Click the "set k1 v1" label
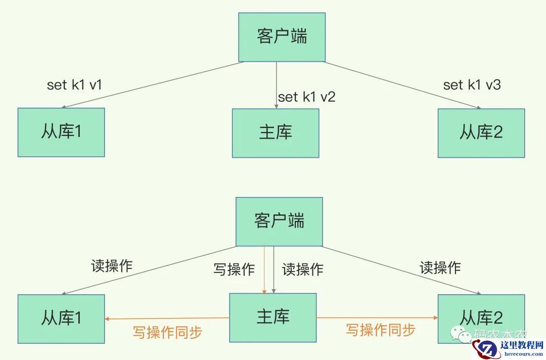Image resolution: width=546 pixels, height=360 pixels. [74, 85]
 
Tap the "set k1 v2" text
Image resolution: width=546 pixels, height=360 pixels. [306, 97]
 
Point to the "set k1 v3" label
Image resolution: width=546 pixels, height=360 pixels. [472, 85]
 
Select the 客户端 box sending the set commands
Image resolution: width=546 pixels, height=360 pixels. [282, 37]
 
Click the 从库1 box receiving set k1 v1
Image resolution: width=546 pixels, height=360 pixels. [61, 132]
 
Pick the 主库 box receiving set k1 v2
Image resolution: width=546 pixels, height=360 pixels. [276, 133]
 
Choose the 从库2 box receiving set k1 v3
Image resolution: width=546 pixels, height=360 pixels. [481, 133]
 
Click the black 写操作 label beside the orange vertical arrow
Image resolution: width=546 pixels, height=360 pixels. [234, 269]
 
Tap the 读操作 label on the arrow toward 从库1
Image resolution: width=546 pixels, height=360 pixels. [112, 266]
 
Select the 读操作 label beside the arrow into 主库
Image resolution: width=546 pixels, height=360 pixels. [302, 269]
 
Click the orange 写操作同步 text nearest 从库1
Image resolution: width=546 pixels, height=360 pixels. [167, 332]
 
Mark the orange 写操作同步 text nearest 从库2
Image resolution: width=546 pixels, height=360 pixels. [381, 330]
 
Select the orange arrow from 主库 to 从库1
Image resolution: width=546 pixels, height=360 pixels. [167, 319]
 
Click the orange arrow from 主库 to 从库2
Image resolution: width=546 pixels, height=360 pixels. [377, 318]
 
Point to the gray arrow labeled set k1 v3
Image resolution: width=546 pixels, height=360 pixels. [402, 85]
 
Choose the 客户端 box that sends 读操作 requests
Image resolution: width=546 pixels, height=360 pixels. [279, 221]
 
